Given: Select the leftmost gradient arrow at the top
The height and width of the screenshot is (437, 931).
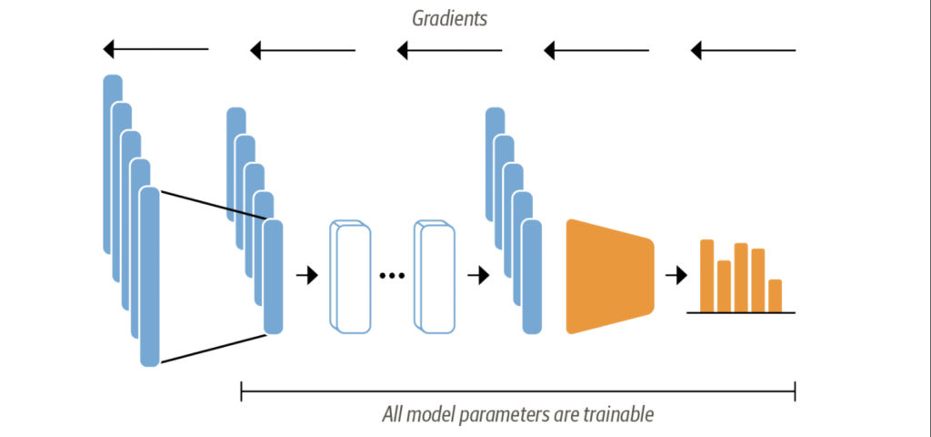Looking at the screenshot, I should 155,49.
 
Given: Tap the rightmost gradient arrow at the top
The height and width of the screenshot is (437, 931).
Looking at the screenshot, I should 743,49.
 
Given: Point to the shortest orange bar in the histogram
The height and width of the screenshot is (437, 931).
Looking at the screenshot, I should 775,295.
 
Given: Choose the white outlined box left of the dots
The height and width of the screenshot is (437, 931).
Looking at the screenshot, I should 348,277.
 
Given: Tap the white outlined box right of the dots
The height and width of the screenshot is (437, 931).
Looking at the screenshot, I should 435,277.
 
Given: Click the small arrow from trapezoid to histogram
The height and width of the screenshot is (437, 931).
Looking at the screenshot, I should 676,275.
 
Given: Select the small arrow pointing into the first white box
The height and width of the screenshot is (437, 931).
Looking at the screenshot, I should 308,275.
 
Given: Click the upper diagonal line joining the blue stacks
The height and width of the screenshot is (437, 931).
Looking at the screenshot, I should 212,205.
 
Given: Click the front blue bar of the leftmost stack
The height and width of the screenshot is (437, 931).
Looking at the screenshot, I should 149,277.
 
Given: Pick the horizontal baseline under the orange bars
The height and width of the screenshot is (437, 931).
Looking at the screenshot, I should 741,312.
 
